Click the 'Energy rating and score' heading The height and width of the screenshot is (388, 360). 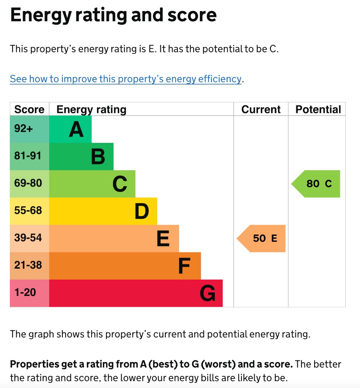tap(113, 15)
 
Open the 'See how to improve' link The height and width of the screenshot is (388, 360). tap(125, 79)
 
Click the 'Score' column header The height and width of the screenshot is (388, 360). tap(29, 110)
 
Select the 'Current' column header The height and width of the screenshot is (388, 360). tap(261, 110)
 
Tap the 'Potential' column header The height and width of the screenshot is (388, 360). tap(318, 110)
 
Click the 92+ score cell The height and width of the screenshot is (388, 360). tap(24, 129)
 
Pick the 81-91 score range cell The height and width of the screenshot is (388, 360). tap(28, 156)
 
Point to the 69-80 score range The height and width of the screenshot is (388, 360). tap(28, 183)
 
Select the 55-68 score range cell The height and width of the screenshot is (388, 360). tap(28, 210)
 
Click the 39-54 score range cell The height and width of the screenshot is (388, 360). tap(28, 238)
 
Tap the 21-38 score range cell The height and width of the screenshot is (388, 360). tap(28, 265)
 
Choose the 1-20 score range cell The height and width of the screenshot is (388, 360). tap(25, 293)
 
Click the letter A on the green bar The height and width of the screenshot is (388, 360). tap(76, 130)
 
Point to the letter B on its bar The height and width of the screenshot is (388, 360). tap(98, 157)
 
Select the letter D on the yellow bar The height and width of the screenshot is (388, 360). tap(142, 212)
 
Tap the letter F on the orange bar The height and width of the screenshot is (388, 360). tap(184, 266)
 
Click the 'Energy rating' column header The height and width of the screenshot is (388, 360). tap(91, 110)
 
